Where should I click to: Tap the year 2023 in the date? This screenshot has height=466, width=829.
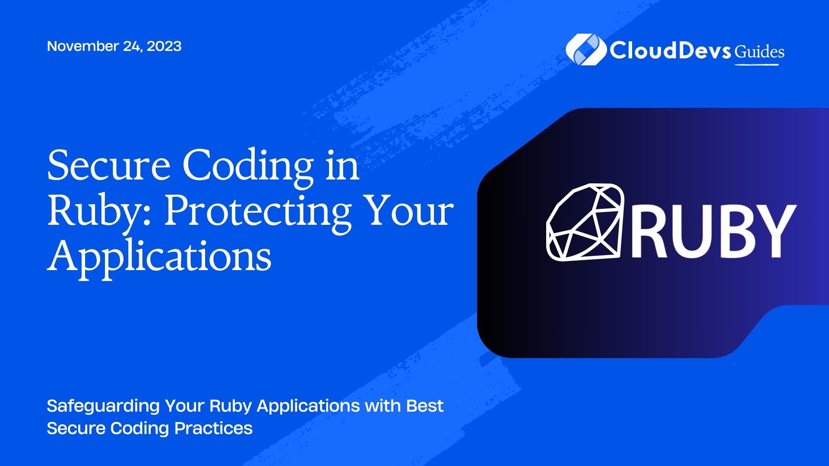tap(164, 46)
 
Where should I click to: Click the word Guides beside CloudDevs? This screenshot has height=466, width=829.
tap(759, 52)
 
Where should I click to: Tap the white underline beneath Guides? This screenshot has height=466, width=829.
tap(756, 64)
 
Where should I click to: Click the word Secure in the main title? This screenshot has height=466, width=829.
tap(109, 166)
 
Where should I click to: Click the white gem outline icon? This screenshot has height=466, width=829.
tap(585, 222)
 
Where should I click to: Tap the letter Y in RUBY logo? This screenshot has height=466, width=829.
tap(772, 231)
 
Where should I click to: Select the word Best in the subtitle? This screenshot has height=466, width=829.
tap(425, 406)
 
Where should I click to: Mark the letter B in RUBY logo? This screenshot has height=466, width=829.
tap(729, 231)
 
